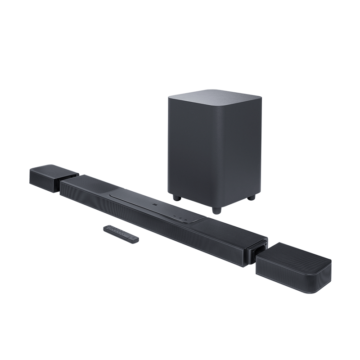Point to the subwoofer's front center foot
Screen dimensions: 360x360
pyautogui.click(x=217, y=209)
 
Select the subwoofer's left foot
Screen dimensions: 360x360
pyautogui.click(x=176, y=197)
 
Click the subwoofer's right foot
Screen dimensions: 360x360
pyautogui.click(x=252, y=197)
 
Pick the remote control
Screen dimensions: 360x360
pyautogui.click(x=121, y=234)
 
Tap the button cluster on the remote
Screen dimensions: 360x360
pyautogui.click(x=117, y=232)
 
